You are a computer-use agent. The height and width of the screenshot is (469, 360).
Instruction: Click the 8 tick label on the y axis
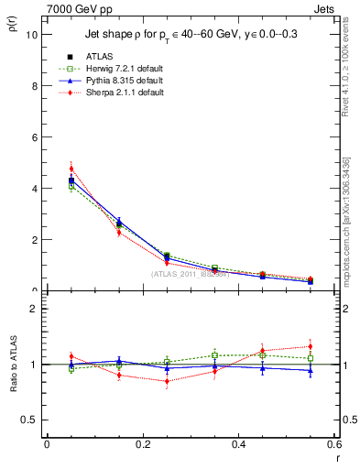[x=34, y=86]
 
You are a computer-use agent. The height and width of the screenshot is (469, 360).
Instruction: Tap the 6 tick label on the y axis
[x=34, y=137]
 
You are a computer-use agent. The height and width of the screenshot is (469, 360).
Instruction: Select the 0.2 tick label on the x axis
[x=142, y=443]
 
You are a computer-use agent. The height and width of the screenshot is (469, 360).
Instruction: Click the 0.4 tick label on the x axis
[x=238, y=443]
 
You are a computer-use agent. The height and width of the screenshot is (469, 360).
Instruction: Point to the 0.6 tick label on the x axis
[x=333, y=443]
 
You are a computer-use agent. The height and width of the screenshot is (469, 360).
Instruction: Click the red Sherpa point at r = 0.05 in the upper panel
[x=71, y=169]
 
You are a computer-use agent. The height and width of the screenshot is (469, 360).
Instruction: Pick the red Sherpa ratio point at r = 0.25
[x=167, y=381]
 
